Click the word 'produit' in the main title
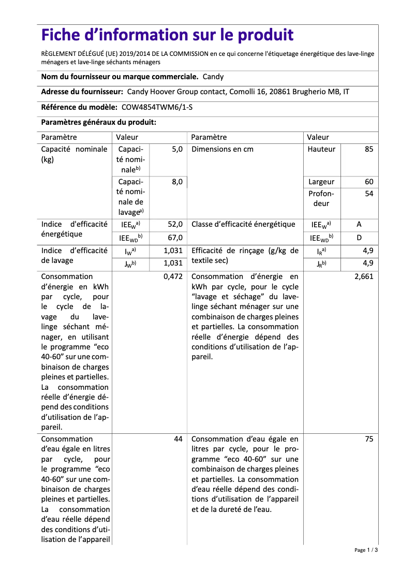click(265, 35)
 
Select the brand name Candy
click(213, 77)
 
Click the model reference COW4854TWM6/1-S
click(160, 107)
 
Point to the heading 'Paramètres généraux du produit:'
click(99, 122)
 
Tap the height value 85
click(368, 149)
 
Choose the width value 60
click(368, 182)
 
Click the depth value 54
click(368, 194)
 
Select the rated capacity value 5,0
click(177, 149)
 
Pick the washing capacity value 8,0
click(177, 182)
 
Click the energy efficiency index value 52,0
click(175, 224)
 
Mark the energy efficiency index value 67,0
click(175, 238)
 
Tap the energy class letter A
click(359, 224)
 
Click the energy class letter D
click(359, 238)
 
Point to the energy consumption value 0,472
click(173, 276)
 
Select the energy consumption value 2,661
click(364, 276)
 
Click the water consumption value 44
click(178, 439)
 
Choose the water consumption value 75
click(368, 439)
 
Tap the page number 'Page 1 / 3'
click(366, 550)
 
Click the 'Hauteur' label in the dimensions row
click(321, 149)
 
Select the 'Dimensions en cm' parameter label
click(223, 149)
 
